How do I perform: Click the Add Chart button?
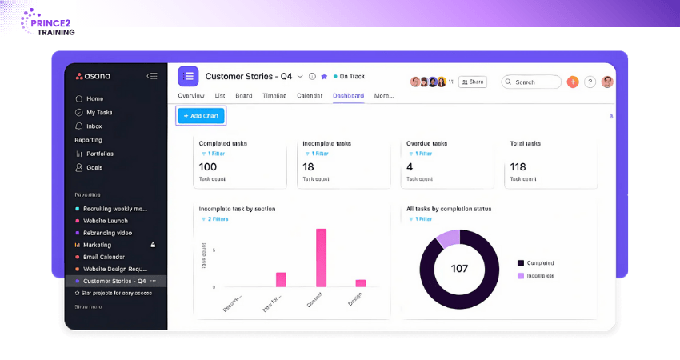pyautogui.click(x=201, y=116)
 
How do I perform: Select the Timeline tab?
pyautogui.click(x=274, y=96)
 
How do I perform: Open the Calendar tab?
pyautogui.click(x=310, y=96)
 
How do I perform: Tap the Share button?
pyautogui.click(x=472, y=82)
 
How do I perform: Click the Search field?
pyautogui.click(x=531, y=82)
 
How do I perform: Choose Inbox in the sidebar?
pyautogui.click(x=94, y=126)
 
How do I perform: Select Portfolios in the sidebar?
pyautogui.click(x=100, y=154)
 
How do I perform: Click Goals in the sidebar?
pyautogui.click(x=94, y=167)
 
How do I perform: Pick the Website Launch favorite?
pyautogui.click(x=106, y=221)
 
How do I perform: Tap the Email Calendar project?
pyautogui.click(x=104, y=257)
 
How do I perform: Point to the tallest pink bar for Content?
pyautogui.click(x=321, y=258)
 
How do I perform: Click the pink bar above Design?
pyautogui.click(x=361, y=282)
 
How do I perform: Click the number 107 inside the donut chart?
pyautogui.click(x=459, y=269)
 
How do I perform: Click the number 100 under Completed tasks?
pyautogui.click(x=208, y=166)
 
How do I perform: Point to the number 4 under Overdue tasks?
pyautogui.click(x=410, y=166)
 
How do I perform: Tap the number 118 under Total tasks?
pyautogui.click(x=518, y=166)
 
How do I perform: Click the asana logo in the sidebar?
pyautogui.click(x=94, y=76)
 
